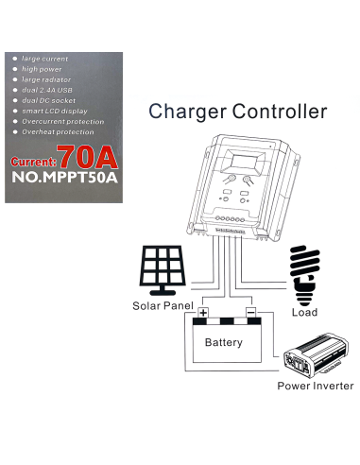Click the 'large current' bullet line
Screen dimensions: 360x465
(x=42, y=60)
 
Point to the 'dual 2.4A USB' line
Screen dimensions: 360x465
(x=44, y=91)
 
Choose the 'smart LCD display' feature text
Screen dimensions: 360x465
(x=51, y=112)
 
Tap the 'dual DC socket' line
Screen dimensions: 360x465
(x=45, y=101)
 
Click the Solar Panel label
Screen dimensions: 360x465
(x=163, y=307)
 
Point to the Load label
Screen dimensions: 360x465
(x=305, y=312)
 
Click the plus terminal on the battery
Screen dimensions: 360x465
(x=202, y=312)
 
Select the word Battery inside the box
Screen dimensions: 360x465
(x=225, y=342)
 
